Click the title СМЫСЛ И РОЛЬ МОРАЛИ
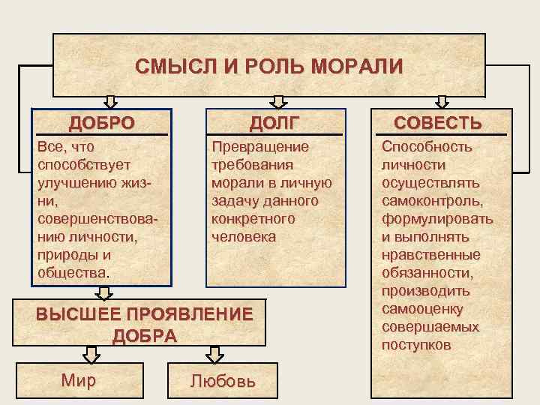(269, 66)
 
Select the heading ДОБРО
(102, 122)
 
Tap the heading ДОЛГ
(276, 122)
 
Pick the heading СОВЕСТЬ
(438, 122)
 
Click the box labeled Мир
(78, 380)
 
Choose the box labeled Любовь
(223, 381)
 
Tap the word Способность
(427, 146)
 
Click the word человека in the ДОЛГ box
(244, 237)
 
